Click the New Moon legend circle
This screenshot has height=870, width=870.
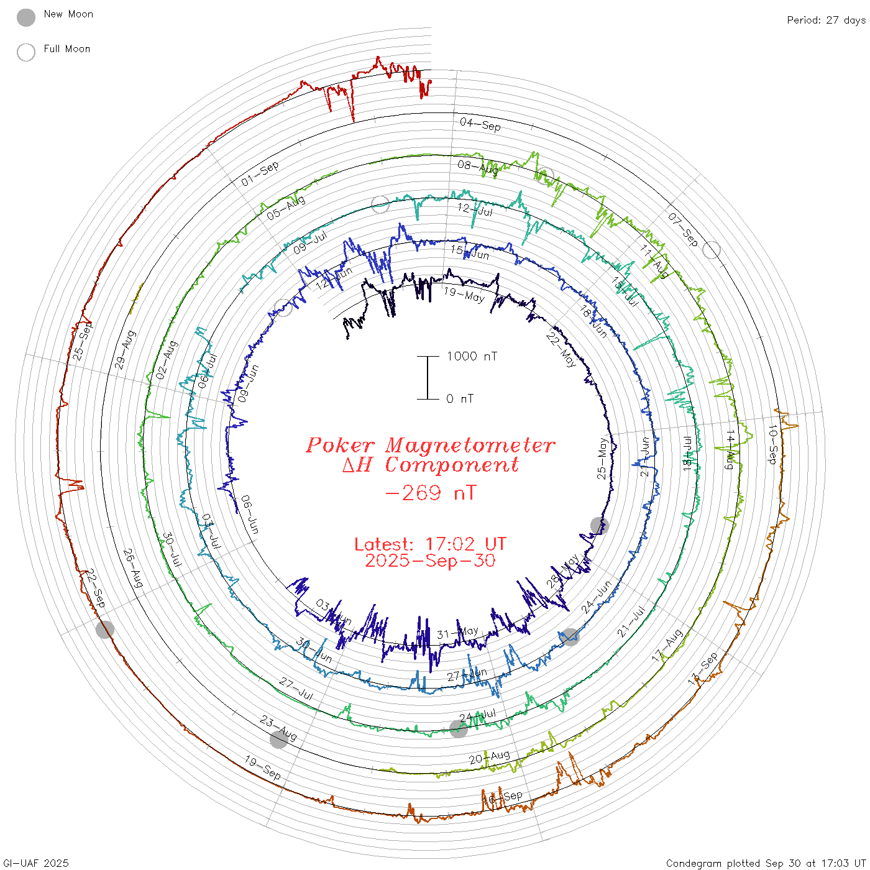pyautogui.click(x=26, y=17)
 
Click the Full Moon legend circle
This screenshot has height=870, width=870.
pyautogui.click(x=26, y=52)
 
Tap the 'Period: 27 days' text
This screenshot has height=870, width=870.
pyautogui.click(x=826, y=21)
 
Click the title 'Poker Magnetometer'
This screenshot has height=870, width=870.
pyautogui.click(x=430, y=445)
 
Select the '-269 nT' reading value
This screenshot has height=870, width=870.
pyautogui.click(x=430, y=493)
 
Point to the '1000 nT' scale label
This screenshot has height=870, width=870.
pyautogui.click(x=472, y=356)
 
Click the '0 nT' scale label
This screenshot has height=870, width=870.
pyautogui.click(x=460, y=399)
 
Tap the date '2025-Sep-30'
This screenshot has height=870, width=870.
pyautogui.click(x=430, y=561)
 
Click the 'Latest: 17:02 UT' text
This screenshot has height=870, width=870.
pyautogui.click(x=430, y=544)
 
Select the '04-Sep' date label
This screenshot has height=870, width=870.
pyautogui.click(x=480, y=125)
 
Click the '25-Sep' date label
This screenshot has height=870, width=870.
pyautogui.click(x=82, y=341)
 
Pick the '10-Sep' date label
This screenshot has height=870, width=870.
pyautogui.click(x=772, y=444)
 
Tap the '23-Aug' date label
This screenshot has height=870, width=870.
pyautogui.click(x=278, y=728)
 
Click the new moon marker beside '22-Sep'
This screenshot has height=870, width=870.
pyautogui.click(x=105, y=630)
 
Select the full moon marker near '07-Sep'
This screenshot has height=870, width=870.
pyautogui.click(x=712, y=250)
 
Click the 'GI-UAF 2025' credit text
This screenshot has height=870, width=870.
pyautogui.click(x=35, y=863)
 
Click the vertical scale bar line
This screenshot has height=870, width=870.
pyautogui.click(x=428, y=377)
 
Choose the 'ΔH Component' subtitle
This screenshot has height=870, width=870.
pyautogui.click(x=430, y=465)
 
